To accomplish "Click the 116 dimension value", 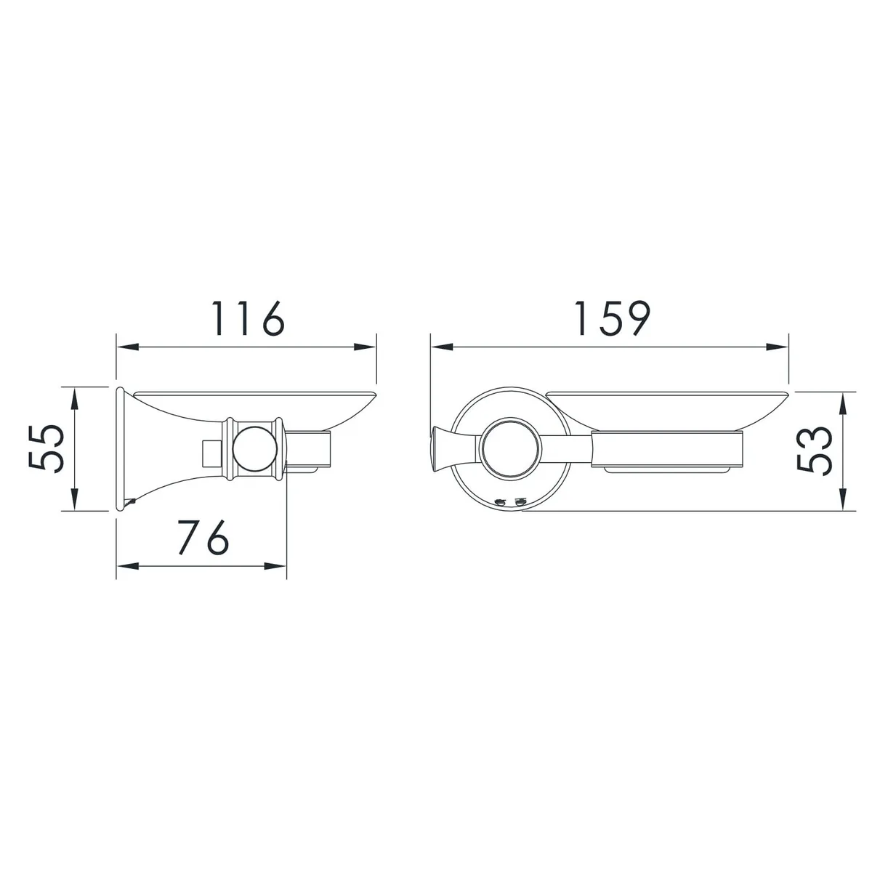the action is [249, 318].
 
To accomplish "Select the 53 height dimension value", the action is [814, 451].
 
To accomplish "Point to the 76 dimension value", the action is [203, 537].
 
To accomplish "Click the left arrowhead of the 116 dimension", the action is [127, 347].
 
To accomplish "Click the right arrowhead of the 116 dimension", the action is [366, 347].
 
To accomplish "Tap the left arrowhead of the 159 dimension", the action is [442, 347].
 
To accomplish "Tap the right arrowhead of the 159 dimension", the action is [778, 347].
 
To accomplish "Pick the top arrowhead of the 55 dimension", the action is [75, 397].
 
